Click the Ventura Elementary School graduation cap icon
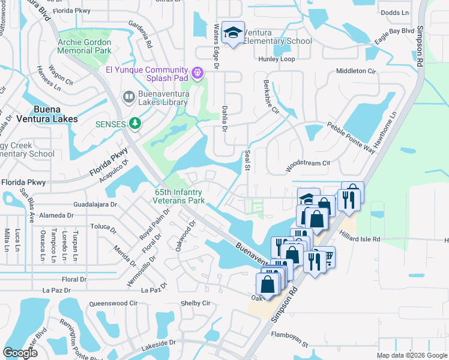pos(231,33)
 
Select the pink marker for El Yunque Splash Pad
pos(197,74)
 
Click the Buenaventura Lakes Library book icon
pos(128,96)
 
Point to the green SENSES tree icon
pos(136,124)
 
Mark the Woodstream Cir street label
pos(309,163)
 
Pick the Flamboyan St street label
pos(289,345)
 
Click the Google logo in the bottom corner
pos(20,353)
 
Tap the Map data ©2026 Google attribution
pos(411,355)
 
